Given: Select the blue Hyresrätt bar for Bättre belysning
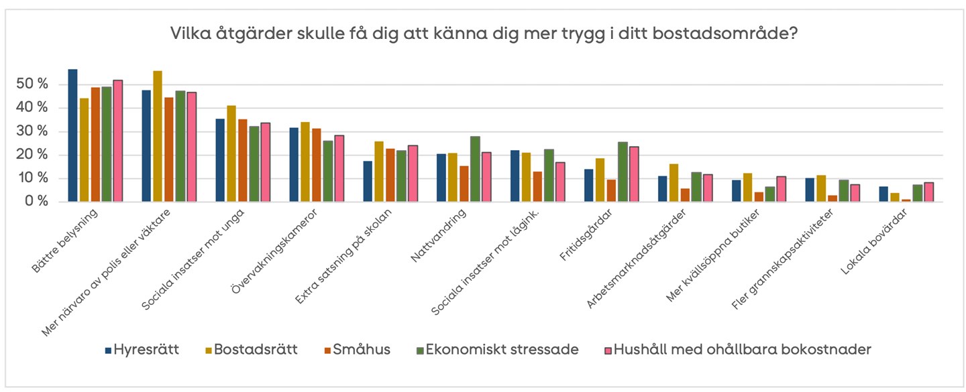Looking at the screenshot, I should tap(72, 135).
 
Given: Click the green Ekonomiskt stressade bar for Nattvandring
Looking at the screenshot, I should tap(475, 169).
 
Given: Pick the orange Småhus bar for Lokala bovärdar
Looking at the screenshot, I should tap(906, 200).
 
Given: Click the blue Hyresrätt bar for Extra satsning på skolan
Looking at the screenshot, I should tap(368, 181).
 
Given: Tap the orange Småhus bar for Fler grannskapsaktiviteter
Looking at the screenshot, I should tap(833, 198).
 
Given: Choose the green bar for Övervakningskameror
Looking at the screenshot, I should tap(327, 171).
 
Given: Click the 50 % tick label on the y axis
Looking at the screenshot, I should tap(33, 84).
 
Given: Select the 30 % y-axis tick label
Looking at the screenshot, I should tap(33, 131).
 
